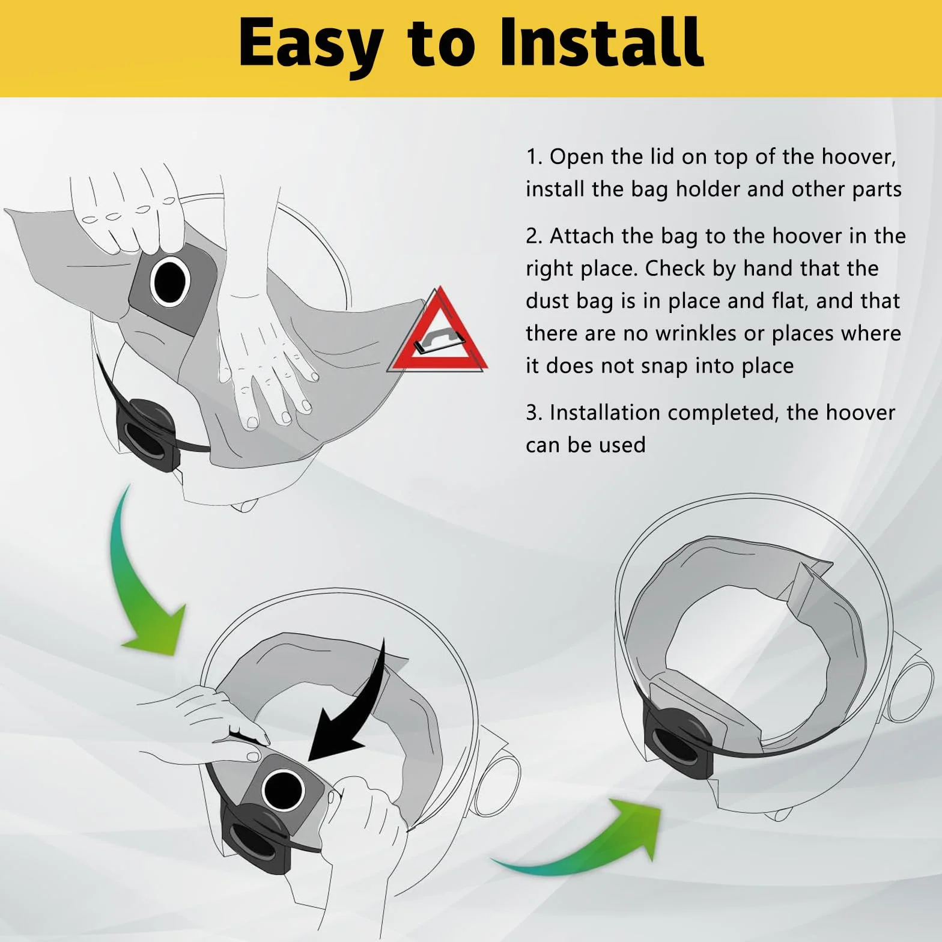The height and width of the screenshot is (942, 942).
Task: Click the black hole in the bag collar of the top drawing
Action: (171, 281)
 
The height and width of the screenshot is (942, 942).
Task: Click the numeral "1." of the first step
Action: (534, 157)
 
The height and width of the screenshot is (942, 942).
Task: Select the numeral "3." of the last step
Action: (534, 413)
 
